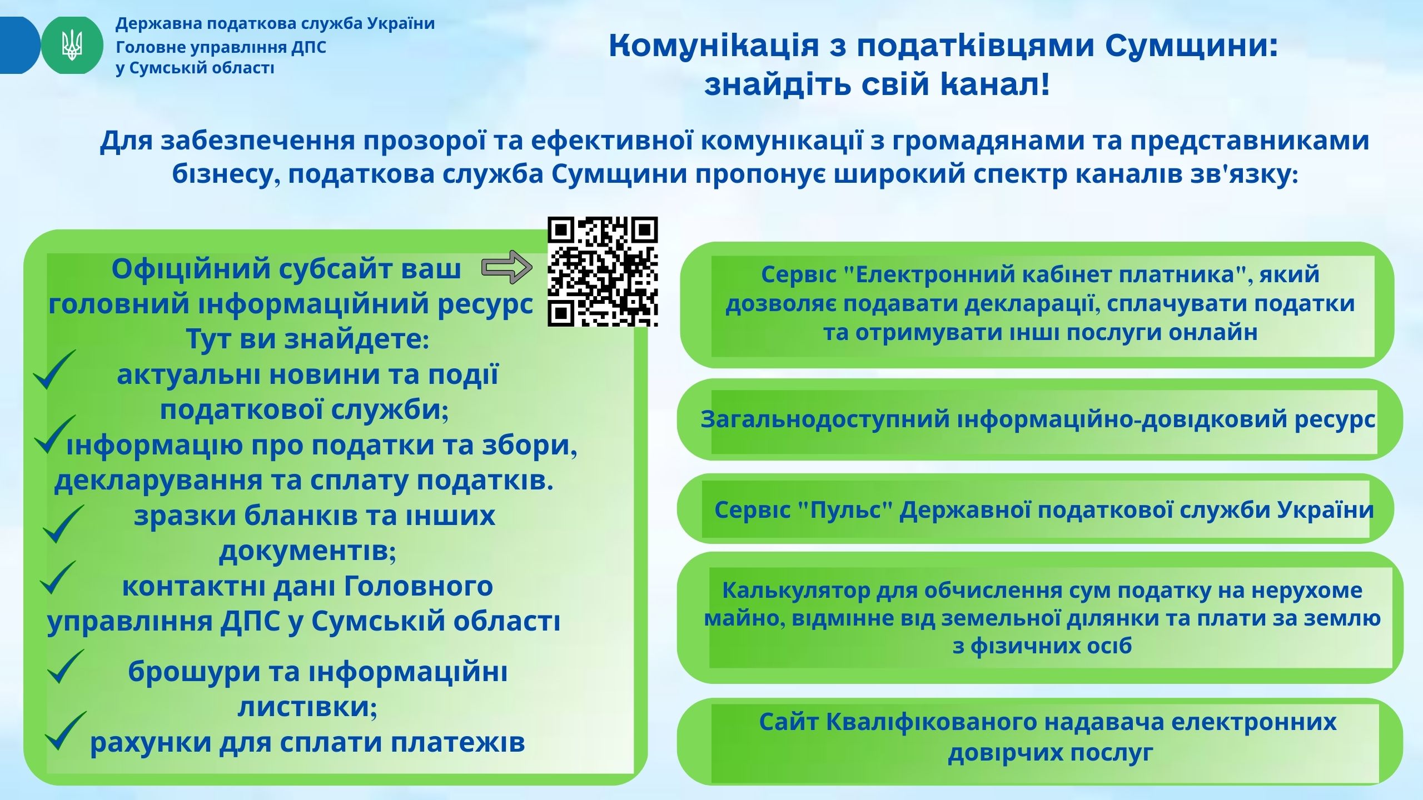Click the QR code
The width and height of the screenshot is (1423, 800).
pyautogui.click(x=603, y=272)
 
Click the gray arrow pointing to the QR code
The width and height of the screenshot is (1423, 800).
pyautogui.click(x=506, y=267)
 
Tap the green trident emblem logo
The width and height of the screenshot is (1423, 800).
pyautogui.click(x=72, y=46)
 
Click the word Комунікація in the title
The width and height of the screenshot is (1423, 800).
pyautogui.click(x=714, y=46)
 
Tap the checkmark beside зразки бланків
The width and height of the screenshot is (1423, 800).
pyautogui.click(x=63, y=523)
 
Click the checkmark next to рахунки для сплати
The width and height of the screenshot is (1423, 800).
pyautogui.click(x=66, y=731)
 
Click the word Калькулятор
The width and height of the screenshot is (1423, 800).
pyautogui.click(x=796, y=590)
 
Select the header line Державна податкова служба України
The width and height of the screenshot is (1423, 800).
pyautogui.click(x=275, y=24)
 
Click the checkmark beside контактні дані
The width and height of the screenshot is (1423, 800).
pyautogui.click(x=58, y=578)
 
